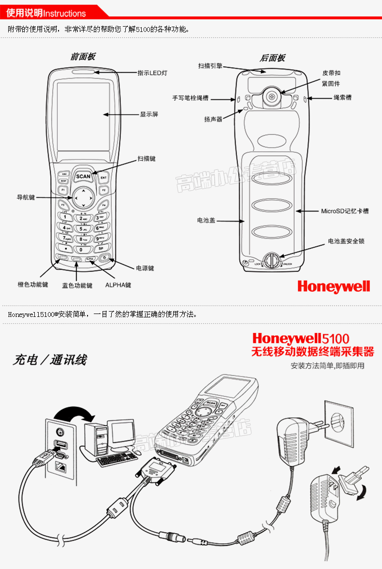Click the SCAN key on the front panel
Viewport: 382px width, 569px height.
click(x=83, y=176)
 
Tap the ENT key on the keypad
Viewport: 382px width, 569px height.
click(x=103, y=178)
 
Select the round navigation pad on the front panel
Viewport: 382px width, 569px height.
click(x=83, y=197)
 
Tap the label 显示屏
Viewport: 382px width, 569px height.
click(x=149, y=115)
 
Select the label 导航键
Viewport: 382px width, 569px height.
click(x=26, y=197)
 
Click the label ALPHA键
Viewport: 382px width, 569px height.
click(x=118, y=285)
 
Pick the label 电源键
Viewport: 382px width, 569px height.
click(x=145, y=268)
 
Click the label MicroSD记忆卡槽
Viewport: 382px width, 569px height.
click(x=345, y=211)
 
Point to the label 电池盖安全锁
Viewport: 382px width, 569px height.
click(x=346, y=241)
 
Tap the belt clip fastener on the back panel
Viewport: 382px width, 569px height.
click(x=272, y=96)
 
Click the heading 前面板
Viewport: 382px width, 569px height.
click(x=83, y=57)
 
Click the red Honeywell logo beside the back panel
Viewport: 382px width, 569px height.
click(x=333, y=286)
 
